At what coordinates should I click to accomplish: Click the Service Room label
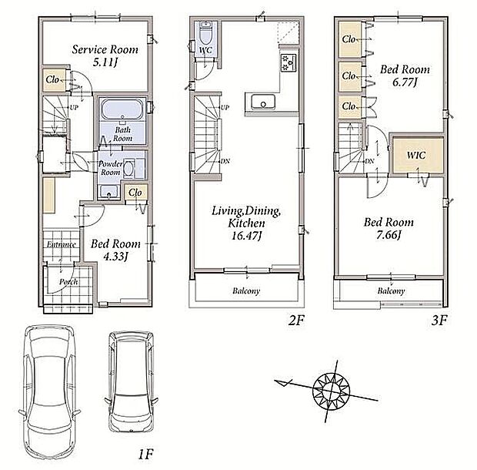click(105, 49)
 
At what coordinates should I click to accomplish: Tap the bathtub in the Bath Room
click(122, 109)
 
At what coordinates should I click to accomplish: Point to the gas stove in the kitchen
click(289, 62)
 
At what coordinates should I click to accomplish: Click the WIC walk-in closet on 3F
click(417, 156)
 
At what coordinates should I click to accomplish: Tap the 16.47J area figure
click(247, 236)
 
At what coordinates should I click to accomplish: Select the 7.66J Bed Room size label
click(389, 235)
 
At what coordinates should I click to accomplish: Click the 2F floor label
click(295, 321)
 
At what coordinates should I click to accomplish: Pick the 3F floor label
click(439, 321)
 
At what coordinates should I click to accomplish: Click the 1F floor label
click(145, 455)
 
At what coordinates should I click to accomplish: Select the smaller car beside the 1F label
click(132, 381)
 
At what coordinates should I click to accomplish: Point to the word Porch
click(68, 282)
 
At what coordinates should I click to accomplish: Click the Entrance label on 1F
click(61, 244)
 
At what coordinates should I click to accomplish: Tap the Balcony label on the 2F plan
click(246, 291)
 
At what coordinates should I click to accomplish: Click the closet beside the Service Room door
click(54, 80)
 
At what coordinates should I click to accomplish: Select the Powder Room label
click(111, 168)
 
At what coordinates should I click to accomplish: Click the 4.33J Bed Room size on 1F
click(115, 257)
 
